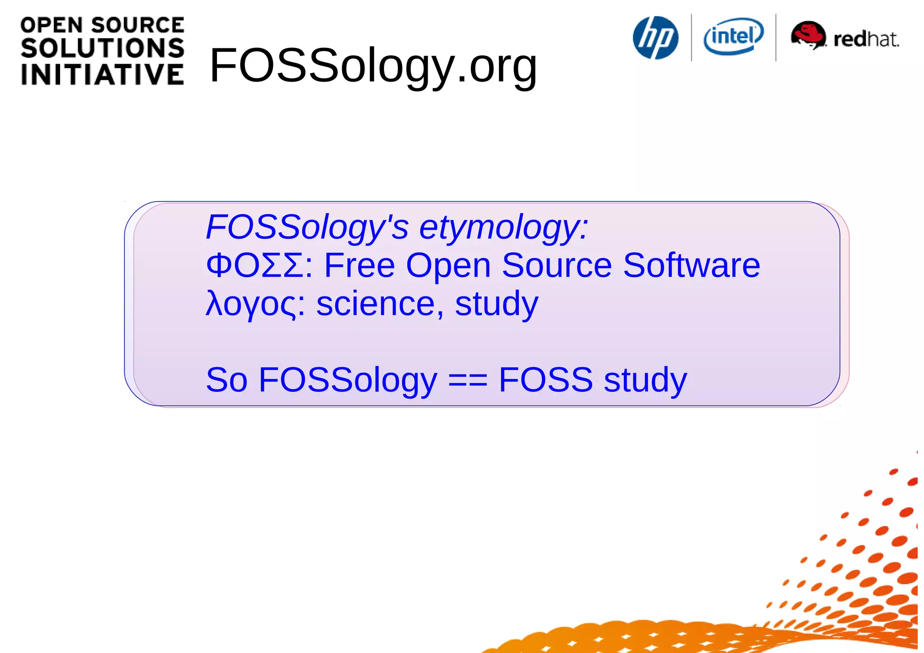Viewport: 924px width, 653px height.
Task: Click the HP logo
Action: (x=656, y=38)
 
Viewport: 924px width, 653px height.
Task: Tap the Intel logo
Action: (x=734, y=36)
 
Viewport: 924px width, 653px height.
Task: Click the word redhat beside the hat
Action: (x=866, y=39)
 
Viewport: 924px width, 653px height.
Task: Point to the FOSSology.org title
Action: (x=373, y=66)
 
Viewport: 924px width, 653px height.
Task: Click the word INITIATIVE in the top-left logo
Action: (x=102, y=74)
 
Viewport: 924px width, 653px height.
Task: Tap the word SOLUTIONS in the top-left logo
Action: (x=102, y=48)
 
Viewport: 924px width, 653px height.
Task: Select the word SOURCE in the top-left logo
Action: (x=138, y=25)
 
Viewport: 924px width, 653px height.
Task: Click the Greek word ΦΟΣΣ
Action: (x=254, y=265)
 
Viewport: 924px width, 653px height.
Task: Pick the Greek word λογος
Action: (x=251, y=304)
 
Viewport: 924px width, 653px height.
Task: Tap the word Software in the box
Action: (x=691, y=265)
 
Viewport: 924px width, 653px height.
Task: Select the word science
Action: (x=376, y=304)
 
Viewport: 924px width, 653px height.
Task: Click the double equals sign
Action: (x=467, y=380)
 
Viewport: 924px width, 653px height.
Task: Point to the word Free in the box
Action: (x=360, y=265)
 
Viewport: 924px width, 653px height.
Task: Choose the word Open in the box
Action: (x=448, y=266)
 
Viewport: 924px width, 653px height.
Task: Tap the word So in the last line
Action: (x=226, y=380)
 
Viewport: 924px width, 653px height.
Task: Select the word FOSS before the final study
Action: (x=545, y=380)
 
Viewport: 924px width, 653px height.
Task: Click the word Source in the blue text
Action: (x=557, y=265)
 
